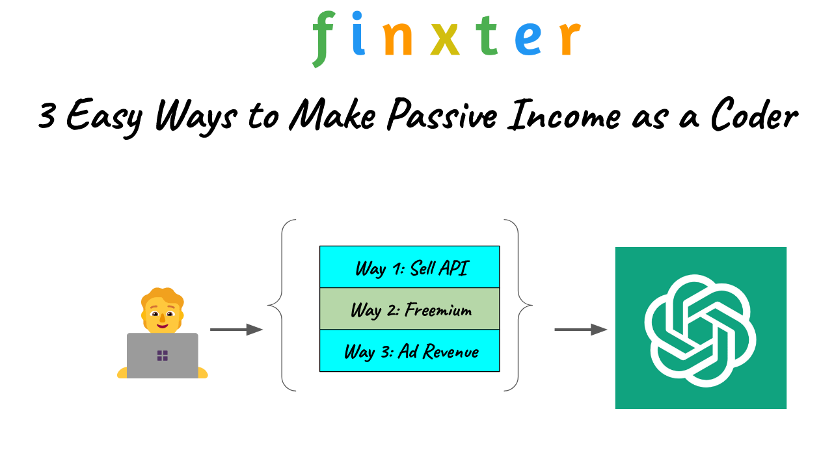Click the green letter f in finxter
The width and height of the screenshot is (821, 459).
pyautogui.click(x=323, y=39)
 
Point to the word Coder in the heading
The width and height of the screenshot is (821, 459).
pyautogui.click(x=754, y=114)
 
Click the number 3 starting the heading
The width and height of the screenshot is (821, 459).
pyautogui.click(x=47, y=115)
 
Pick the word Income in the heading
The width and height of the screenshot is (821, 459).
pyautogui.click(x=564, y=115)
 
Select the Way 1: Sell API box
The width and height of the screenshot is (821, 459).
pyautogui.click(x=409, y=267)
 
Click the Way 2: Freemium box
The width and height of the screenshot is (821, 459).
pyautogui.click(x=409, y=309)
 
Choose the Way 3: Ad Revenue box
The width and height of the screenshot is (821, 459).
pyautogui.click(x=409, y=350)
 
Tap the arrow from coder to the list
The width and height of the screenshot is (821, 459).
pyautogui.click(x=236, y=330)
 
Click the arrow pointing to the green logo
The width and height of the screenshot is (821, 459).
pyautogui.click(x=581, y=330)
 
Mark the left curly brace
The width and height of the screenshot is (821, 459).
pyautogui.click(x=282, y=305)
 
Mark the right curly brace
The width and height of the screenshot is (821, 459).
pyautogui.click(x=518, y=305)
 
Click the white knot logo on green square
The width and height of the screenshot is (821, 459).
pyautogui.click(x=700, y=330)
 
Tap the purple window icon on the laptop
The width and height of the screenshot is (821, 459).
pyautogui.click(x=163, y=356)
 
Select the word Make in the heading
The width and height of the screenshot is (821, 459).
pyautogui.click(x=332, y=114)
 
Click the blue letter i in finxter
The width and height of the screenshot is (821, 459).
pyautogui.click(x=358, y=33)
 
